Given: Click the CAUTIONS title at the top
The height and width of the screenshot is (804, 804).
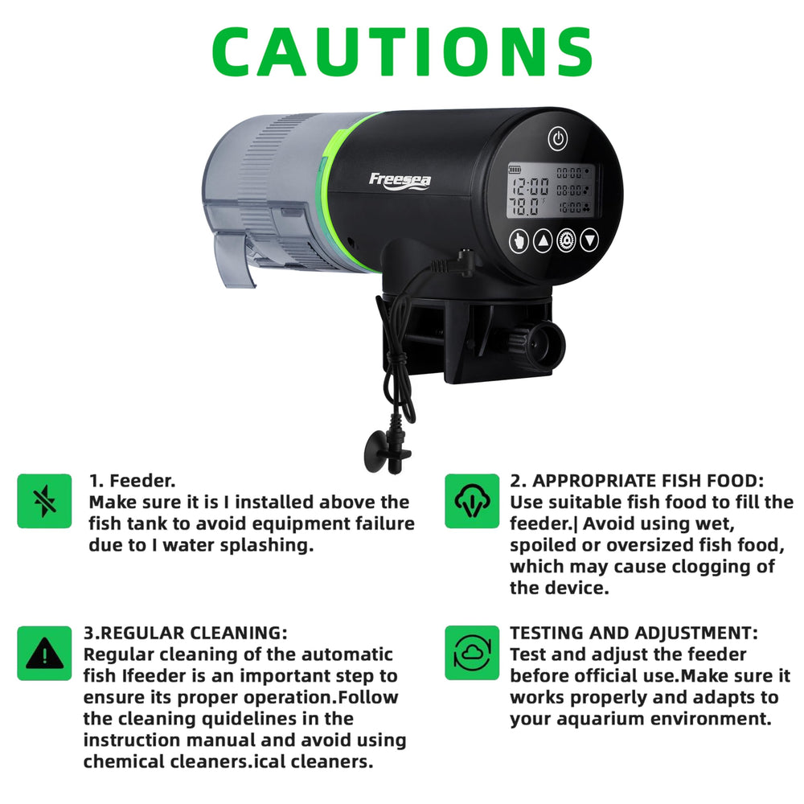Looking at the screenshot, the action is [x=403, y=51].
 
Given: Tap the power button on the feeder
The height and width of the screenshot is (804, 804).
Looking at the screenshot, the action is [x=558, y=138].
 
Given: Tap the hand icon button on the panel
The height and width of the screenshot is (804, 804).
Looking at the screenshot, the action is [x=519, y=240].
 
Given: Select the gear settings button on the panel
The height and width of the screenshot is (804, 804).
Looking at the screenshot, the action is [x=566, y=240].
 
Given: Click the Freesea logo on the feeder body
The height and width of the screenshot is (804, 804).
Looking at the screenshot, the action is [x=400, y=181].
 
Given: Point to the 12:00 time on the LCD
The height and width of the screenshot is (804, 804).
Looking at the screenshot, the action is [x=530, y=187].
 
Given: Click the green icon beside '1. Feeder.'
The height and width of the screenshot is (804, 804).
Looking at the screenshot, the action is [x=44, y=501].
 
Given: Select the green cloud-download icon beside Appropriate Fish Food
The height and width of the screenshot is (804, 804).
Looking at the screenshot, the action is [x=472, y=501].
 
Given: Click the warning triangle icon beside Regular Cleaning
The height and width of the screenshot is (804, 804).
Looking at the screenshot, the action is [x=44, y=653].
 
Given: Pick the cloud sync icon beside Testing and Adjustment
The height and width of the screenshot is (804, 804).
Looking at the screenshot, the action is [x=472, y=653].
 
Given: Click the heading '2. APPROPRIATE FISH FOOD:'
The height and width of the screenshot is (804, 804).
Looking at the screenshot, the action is [x=637, y=481].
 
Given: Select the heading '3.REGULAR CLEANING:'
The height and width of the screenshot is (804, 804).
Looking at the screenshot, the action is [x=185, y=634].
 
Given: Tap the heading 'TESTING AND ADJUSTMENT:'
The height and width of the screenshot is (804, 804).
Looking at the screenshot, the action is [x=634, y=634].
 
